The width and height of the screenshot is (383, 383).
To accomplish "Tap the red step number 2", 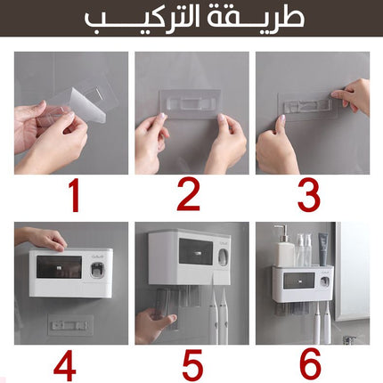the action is point(189,196).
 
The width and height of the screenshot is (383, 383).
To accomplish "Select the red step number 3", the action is point(309,196).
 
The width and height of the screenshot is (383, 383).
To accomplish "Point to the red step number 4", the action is point(65,365).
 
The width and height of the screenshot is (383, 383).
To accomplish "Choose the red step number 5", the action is point(192,365).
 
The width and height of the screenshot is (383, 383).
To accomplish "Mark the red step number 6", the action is point(310,365).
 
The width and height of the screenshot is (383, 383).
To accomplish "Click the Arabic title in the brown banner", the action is point(194,18).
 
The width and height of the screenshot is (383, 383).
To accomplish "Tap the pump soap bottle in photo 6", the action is point(285,246).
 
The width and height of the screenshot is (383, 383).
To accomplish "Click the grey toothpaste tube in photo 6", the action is point(323,249).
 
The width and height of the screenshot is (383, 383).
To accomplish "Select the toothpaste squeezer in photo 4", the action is point(97,270).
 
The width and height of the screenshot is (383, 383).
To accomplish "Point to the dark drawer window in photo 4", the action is point(59,267).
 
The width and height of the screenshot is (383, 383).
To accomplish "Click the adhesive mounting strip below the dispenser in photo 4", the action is point(70,325).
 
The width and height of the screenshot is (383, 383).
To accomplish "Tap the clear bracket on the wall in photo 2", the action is point(190,104).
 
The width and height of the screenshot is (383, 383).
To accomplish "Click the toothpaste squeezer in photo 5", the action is point(223,257).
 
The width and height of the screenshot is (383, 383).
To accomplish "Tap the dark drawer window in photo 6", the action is point(299,281).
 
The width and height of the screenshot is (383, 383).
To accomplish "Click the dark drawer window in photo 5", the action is point(196,252).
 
